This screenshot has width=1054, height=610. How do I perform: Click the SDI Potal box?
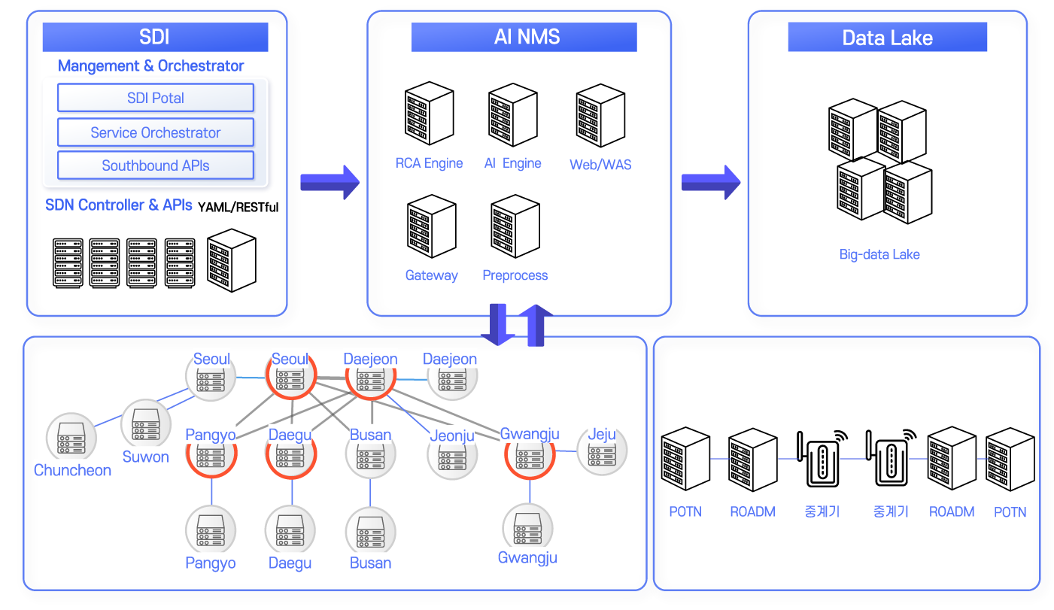155,98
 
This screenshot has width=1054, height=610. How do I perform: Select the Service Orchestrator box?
155,132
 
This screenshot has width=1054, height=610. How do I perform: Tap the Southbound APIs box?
155,165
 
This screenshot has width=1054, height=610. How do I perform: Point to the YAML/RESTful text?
238,207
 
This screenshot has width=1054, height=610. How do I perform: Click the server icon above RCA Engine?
429,114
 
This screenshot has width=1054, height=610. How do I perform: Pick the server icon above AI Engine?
512,114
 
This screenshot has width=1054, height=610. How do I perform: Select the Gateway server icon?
432,226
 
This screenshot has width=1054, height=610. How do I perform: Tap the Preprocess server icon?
515,226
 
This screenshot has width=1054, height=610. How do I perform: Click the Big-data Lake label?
879,254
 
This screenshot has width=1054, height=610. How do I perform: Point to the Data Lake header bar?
887,38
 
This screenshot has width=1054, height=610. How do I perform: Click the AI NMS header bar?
524,37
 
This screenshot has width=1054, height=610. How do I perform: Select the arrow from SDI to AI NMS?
330,182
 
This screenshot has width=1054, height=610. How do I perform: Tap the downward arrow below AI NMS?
497,324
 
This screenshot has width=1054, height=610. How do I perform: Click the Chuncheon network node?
71,437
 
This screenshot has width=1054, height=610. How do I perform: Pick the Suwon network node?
145,424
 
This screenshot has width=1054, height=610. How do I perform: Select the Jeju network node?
602,452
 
